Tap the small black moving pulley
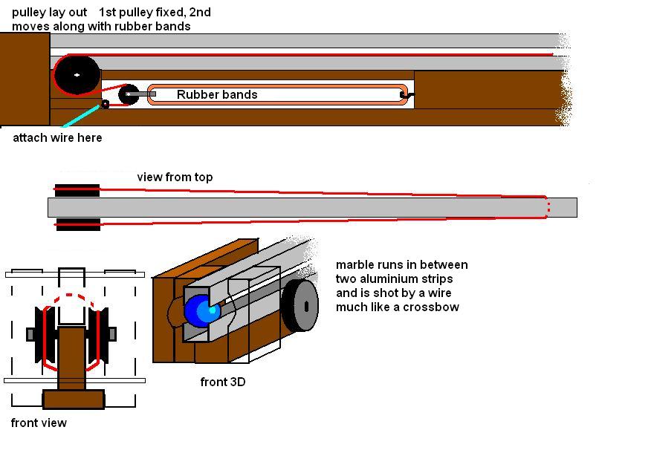(x=128, y=94)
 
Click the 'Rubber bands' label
(x=217, y=95)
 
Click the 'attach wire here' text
(x=57, y=138)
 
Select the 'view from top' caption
(x=175, y=177)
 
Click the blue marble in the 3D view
(x=199, y=310)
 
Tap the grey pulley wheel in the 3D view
(x=300, y=305)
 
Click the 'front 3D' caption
(x=222, y=382)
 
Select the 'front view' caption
(x=39, y=423)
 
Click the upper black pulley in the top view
(x=77, y=190)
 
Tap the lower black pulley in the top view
(x=77, y=224)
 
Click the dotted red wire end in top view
(x=548, y=207)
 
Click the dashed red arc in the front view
(x=71, y=297)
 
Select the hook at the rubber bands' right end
(x=405, y=95)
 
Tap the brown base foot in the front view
(x=73, y=400)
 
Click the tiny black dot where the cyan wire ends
(x=106, y=105)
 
